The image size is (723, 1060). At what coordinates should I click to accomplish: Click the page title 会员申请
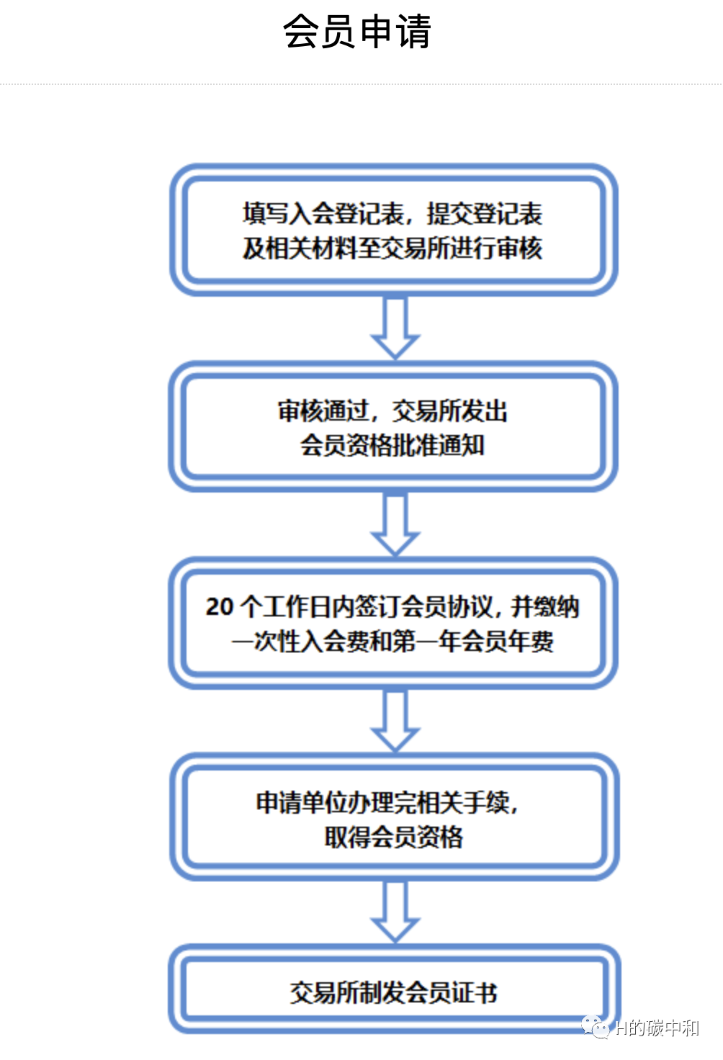coord(357,32)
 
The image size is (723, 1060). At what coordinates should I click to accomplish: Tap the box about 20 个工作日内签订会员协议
coord(393,624)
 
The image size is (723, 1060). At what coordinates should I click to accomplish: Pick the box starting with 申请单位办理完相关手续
coord(393,819)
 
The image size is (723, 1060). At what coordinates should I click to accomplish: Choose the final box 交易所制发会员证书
coord(393,992)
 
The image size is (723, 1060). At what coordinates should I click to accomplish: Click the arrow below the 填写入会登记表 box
coord(395,328)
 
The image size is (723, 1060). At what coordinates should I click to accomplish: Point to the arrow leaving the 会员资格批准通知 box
coord(395,525)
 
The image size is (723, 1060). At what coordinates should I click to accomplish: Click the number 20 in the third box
coord(219,607)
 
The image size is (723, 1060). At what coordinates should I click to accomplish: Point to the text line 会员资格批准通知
coord(392,445)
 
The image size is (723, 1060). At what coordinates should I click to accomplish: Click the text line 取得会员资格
coord(393,837)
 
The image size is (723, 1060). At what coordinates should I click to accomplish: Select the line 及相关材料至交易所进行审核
coord(392,248)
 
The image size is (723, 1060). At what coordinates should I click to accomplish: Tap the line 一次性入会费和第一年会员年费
coord(392,641)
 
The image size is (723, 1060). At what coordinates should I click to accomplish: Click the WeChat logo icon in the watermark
coord(596,1027)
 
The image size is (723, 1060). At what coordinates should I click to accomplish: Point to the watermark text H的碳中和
coord(657,1028)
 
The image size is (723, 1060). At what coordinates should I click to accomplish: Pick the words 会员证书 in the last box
coord(452,993)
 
